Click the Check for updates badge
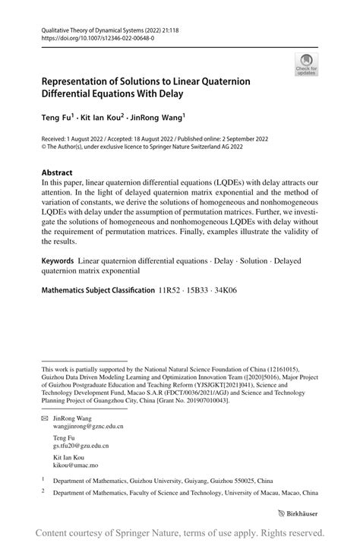point(305,64)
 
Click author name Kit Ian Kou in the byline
point(102,119)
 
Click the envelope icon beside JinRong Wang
point(45,418)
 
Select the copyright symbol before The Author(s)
point(44,149)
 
